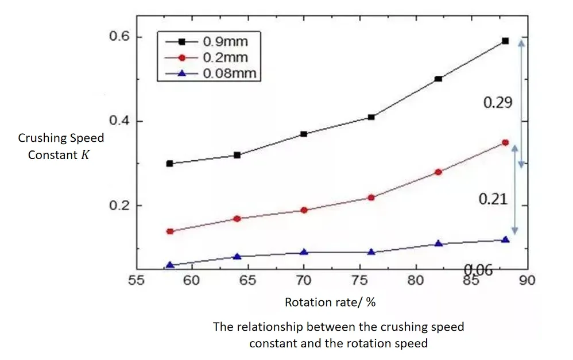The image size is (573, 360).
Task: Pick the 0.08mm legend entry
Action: tap(229, 73)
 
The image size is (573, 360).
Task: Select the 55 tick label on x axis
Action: tap(135, 281)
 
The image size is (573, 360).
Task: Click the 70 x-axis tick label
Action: tap(303, 281)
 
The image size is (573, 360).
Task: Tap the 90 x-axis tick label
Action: tap(527, 281)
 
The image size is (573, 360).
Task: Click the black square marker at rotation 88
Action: tap(505, 41)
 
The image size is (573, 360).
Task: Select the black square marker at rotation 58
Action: tap(169, 164)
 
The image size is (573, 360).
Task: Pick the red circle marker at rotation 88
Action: tap(505, 142)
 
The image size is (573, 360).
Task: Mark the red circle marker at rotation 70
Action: tap(304, 210)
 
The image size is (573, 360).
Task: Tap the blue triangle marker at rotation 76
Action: tap(371, 252)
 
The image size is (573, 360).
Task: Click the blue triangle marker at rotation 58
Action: tap(169, 265)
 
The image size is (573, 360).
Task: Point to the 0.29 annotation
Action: tap(497, 102)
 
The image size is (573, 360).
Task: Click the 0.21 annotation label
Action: tap(493, 199)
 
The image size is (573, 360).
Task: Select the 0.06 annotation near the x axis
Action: tap(478, 270)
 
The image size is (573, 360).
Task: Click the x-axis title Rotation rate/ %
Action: tap(330, 302)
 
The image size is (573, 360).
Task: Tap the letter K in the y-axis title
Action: tap(86, 155)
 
